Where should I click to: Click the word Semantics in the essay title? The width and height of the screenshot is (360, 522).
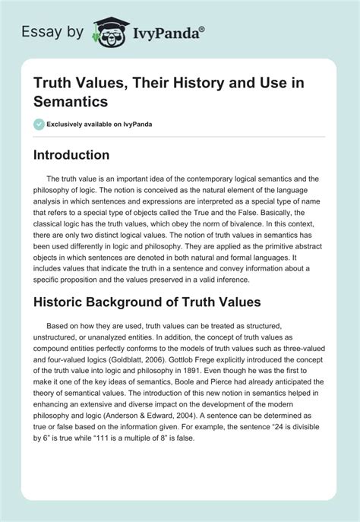66,100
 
